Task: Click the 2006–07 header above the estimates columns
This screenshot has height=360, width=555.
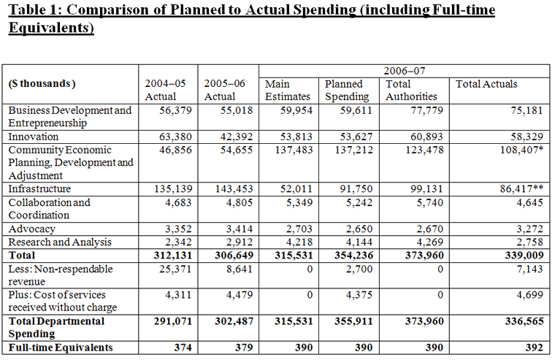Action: click(405, 71)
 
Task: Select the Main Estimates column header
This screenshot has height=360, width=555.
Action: click(288, 91)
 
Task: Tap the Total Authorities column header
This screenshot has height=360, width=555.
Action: click(411, 91)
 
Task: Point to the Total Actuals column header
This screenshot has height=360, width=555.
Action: click(486, 84)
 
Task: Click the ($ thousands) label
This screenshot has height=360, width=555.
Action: click(42, 83)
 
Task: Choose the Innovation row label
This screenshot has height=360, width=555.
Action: click(34, 137)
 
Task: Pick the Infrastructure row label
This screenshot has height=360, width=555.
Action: click(39, 188)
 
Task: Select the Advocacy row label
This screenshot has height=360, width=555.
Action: click(32, 229)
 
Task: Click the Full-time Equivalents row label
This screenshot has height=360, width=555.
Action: click(61, 348)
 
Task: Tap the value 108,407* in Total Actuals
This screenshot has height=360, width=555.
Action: click(521, 150)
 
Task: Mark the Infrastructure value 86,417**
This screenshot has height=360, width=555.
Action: click(521, 188)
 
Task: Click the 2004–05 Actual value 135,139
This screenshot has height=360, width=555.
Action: click(173, 188)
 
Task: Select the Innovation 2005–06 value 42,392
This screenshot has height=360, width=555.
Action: click(237, 137)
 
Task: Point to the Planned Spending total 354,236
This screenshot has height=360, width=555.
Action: click(353, 256)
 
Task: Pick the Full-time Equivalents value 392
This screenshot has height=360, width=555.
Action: click(534, 348)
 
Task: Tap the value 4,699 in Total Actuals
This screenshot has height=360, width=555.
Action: click(529, 294)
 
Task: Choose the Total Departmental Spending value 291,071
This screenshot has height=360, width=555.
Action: click(173, 321)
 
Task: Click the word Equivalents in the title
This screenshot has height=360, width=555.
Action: click(51, 28)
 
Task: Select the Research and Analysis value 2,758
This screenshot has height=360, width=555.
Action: click(529, 242)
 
